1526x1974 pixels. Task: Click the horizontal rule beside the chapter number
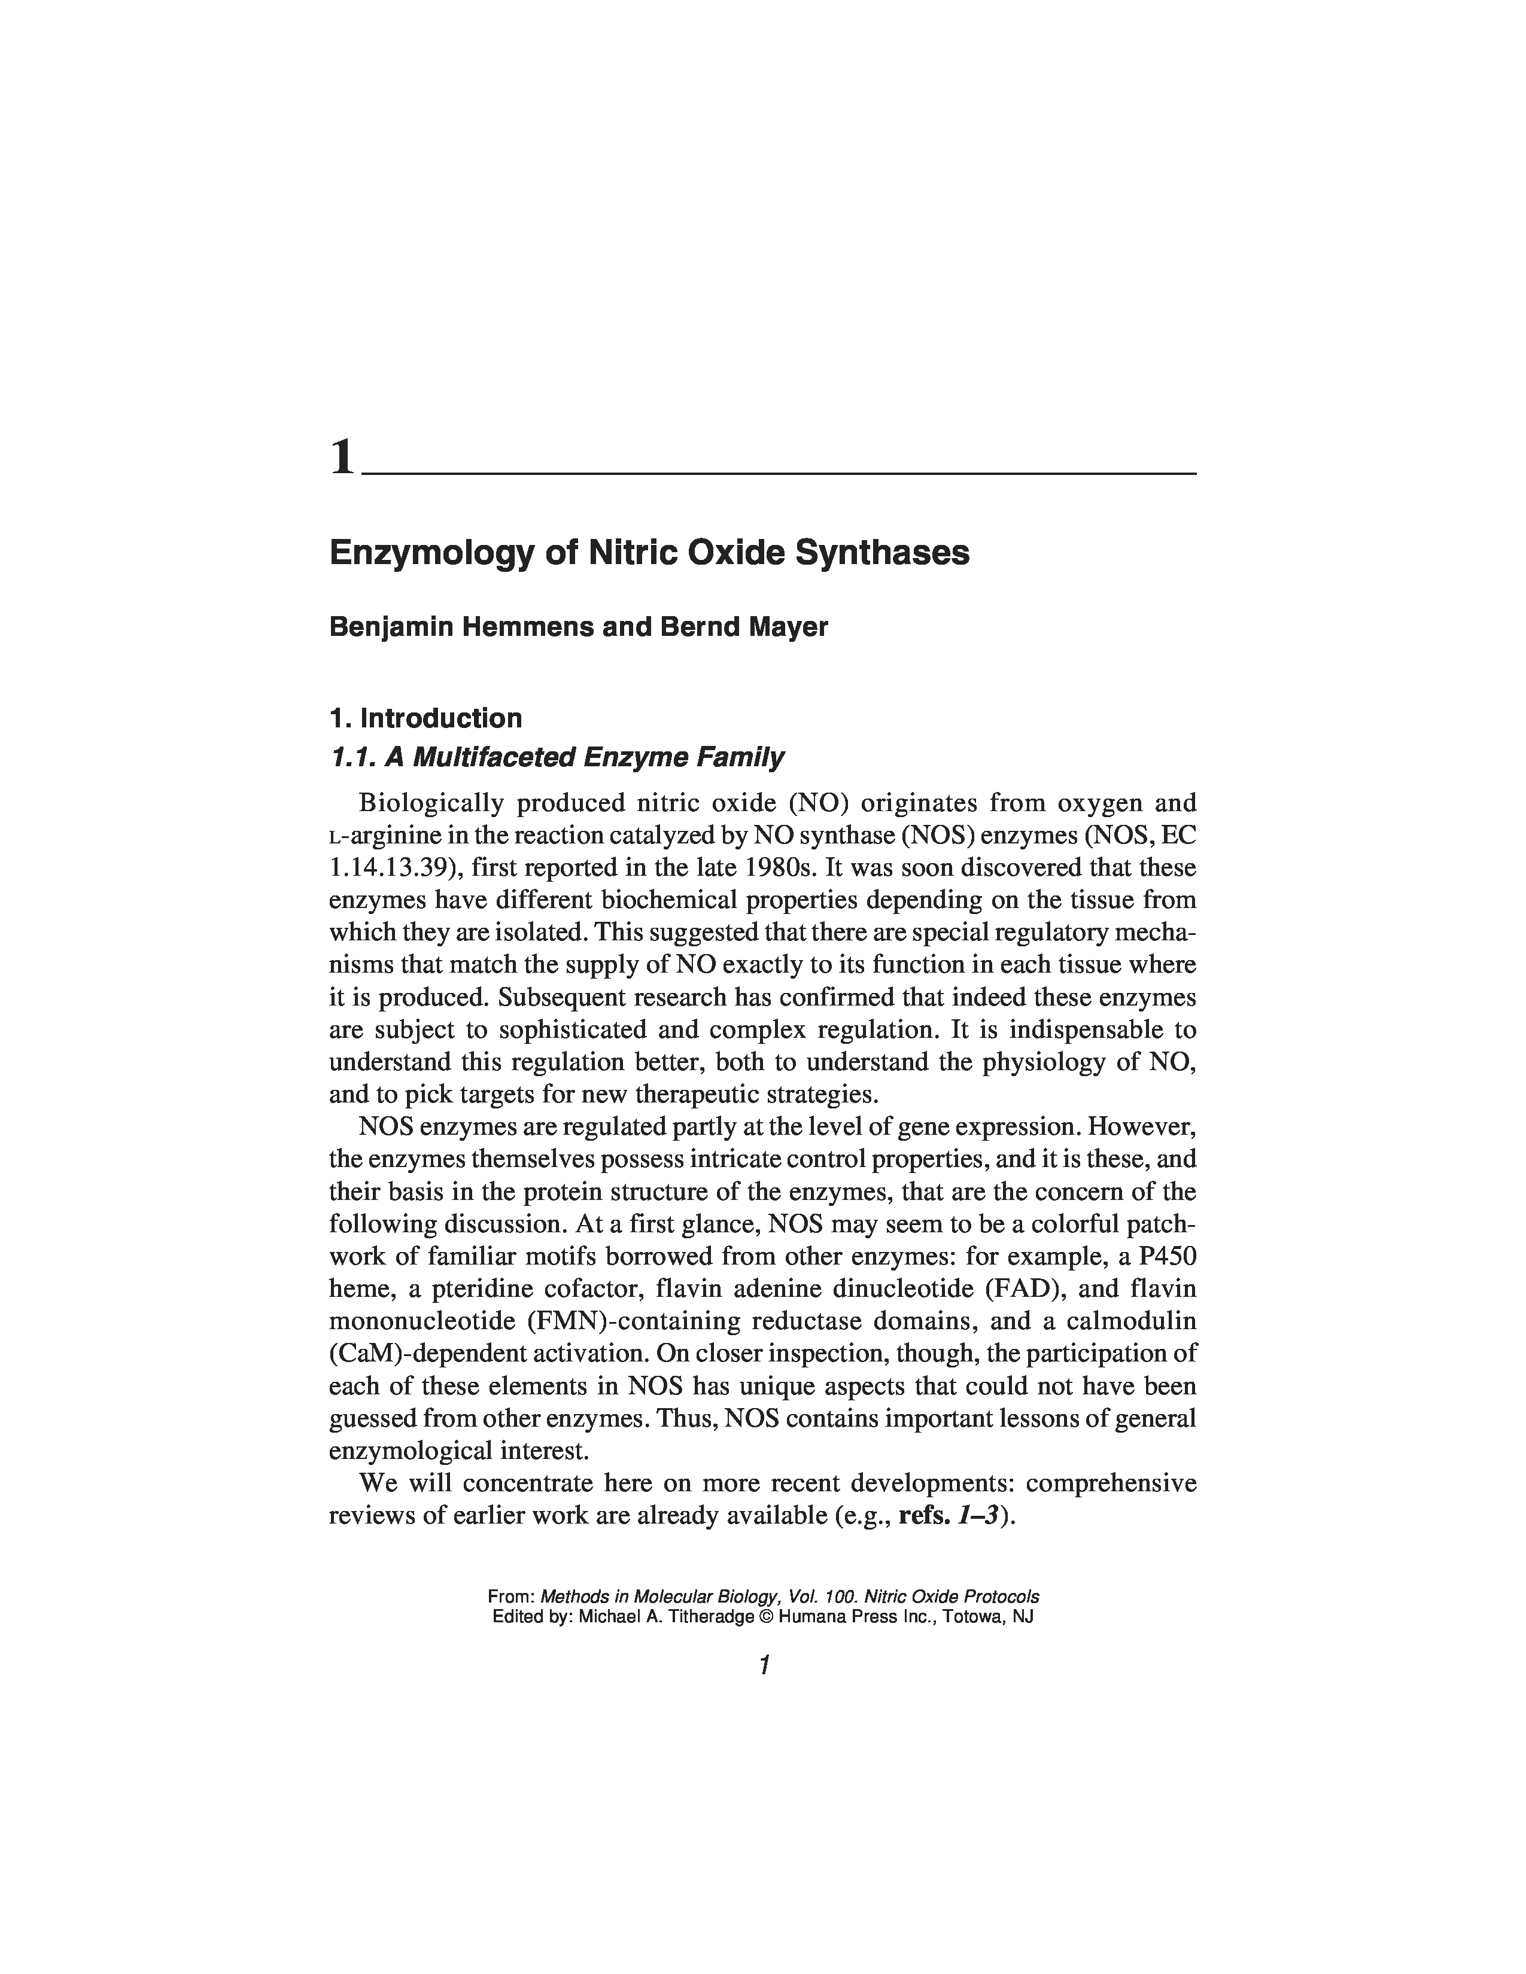point(777,473)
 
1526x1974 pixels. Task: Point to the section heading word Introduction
point(440,718)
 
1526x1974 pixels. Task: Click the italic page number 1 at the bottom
point(764,1665)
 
